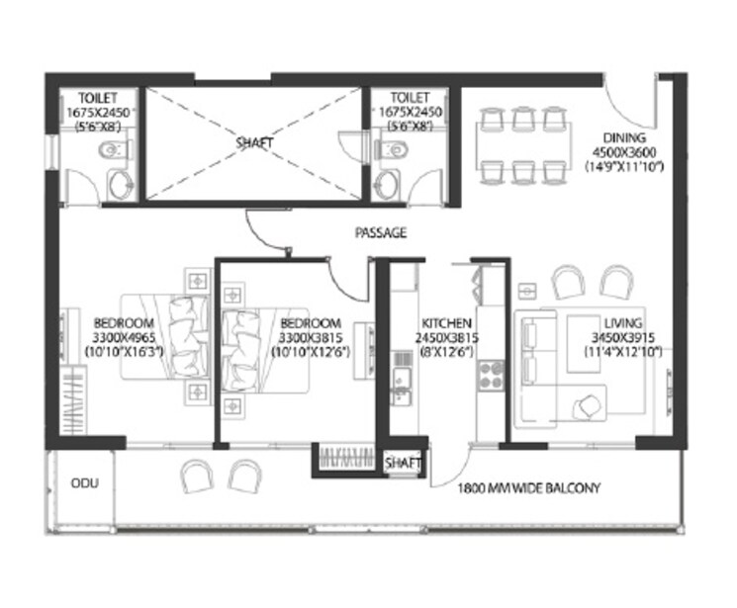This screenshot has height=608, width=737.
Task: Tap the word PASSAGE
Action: pyautogui.click(x=380, y=234)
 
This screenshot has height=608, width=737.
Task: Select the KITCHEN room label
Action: pyautogui.click(x=446, y=323)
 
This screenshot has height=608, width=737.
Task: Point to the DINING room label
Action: pyautogui.click(x=626, y=138)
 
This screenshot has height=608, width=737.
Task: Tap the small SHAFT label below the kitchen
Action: pyautogui.click(x=404, y=463)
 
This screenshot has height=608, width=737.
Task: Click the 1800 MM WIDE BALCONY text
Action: pyautogui.click(x=529, y=488)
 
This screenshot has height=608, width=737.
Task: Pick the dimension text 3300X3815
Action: pyautogui.click(x=311, y=337)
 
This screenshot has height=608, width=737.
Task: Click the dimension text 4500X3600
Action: pyautogui.click(x=627, y=152)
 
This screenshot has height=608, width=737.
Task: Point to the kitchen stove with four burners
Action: pyautogui.click(x=491, y=373)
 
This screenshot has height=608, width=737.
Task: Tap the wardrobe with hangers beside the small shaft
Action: pyautogui.click(x=346, y=460)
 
